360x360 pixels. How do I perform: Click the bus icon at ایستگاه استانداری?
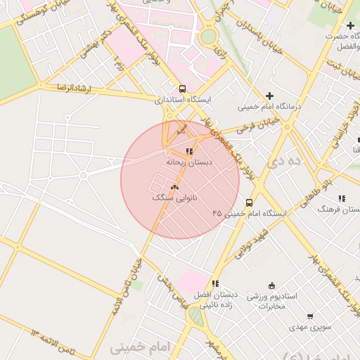tap(183, 89)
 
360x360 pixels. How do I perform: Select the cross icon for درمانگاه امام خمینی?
tap(269, 96)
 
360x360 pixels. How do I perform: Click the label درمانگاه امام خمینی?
tap(269, 107)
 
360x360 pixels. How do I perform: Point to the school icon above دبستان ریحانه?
tap(188, 151)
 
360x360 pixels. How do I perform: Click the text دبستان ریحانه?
tap(188, 162)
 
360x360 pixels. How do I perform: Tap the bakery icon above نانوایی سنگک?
tap(174, 187)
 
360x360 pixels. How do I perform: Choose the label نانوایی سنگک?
tap(174, 198)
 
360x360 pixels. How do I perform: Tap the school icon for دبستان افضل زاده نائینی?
tap(215, 283)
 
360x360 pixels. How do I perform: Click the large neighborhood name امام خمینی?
tap(141, 347)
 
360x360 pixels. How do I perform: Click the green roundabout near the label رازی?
tap(209, 36)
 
